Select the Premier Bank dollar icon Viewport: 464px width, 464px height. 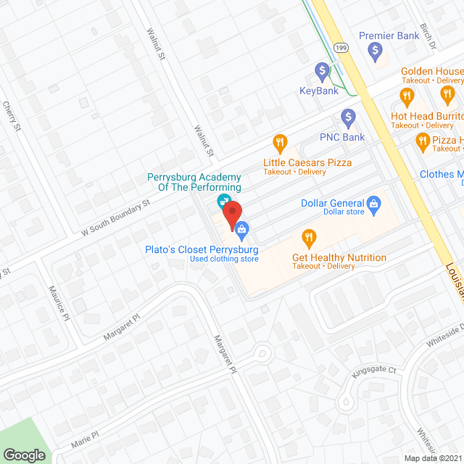pos(375,50)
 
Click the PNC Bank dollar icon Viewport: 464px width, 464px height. pos(348,117)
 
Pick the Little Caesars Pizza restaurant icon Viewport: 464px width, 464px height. pos(278,141)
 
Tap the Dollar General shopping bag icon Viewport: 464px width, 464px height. pos(374,203)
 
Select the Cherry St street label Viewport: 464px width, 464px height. pos(12,117)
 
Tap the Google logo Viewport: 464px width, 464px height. pos(24,455)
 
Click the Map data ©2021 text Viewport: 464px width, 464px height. pos(432,458)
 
